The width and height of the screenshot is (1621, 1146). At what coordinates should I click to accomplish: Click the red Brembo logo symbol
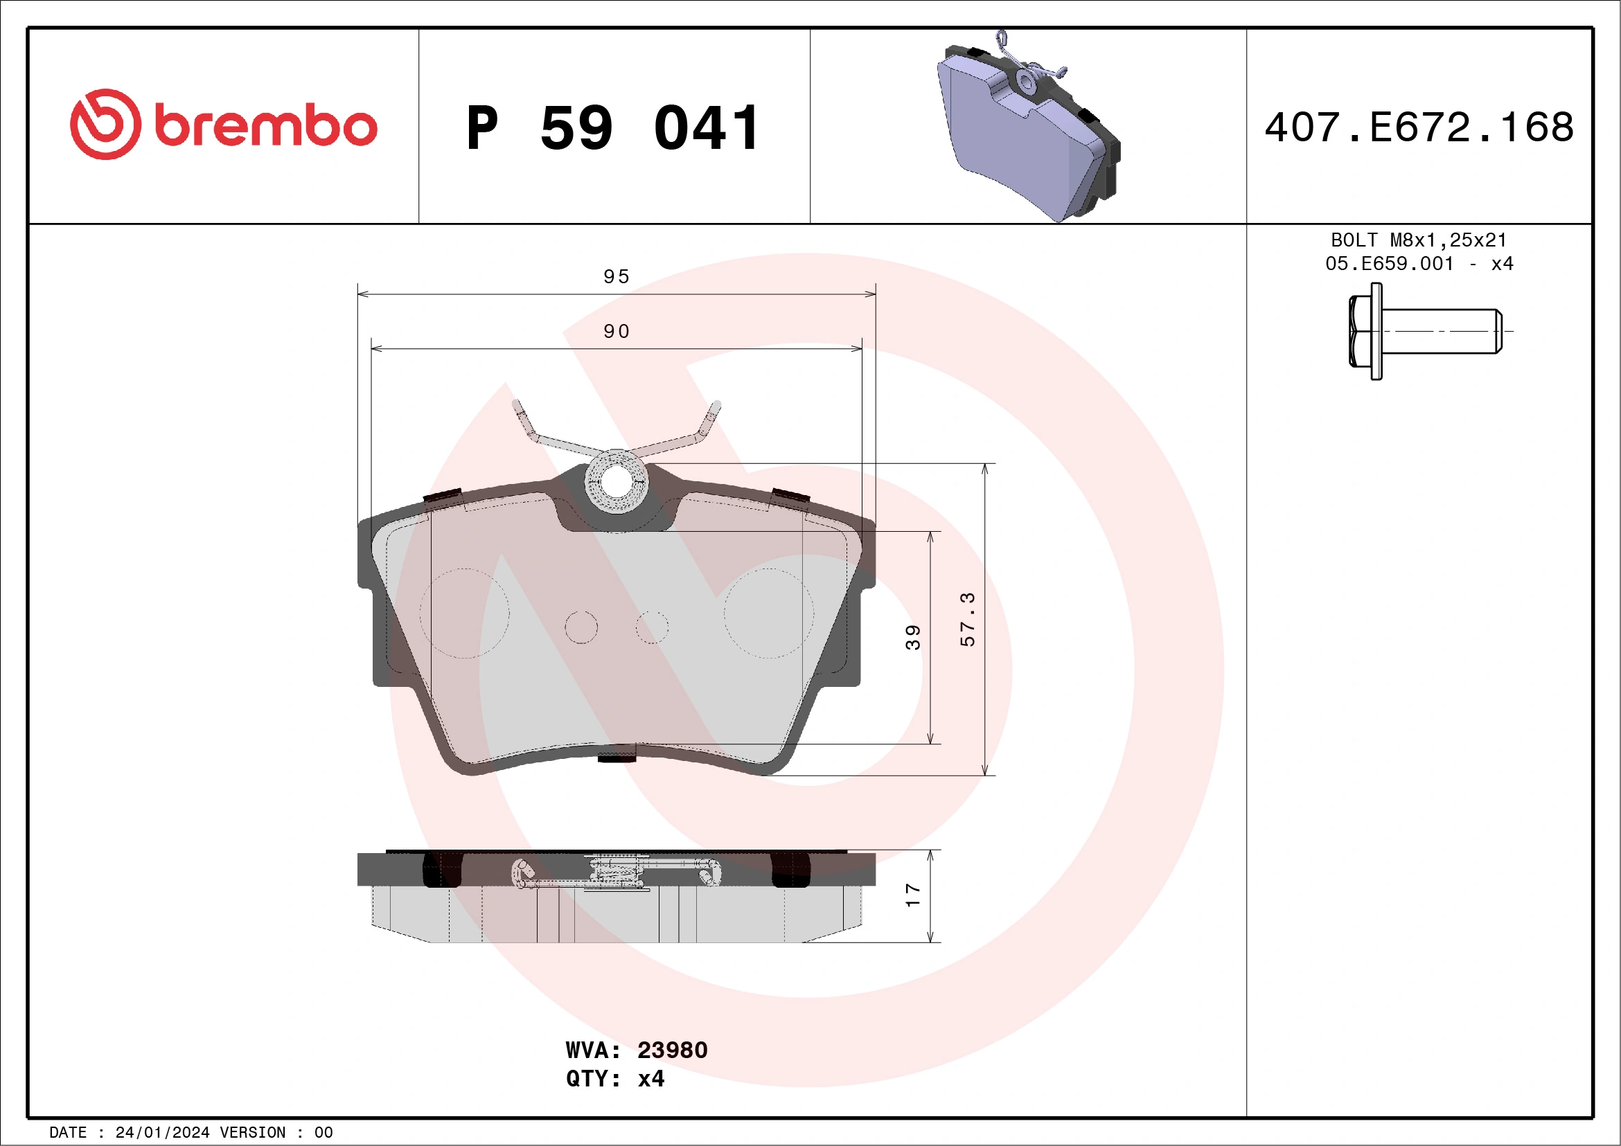(x=105, y=124)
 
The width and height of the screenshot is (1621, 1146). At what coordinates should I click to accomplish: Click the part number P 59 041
(x=613, y=128)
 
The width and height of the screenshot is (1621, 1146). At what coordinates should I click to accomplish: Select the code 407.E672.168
(x=1419, y=127)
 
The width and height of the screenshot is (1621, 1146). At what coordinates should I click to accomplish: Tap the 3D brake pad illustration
(x=1027, y=131)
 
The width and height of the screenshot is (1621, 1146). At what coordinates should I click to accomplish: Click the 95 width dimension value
(x=617, y=276)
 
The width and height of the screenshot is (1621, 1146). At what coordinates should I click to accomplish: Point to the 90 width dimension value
(x=617, y=332)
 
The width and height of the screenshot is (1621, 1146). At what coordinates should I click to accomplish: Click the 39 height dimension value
(x=913, y=637)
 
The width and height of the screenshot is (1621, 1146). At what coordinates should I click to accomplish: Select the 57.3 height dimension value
(x=967, y=620)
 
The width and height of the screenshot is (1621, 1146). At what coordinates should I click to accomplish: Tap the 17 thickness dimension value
(x=913, y=895)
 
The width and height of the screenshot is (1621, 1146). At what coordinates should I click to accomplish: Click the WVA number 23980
(x=672, y=1050)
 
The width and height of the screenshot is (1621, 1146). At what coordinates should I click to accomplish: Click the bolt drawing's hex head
(x=1361, y=331)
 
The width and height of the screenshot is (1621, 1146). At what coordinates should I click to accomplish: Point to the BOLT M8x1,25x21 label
(x=1419, y=240)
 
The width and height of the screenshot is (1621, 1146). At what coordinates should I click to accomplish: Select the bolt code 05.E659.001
(x=1390, y=264)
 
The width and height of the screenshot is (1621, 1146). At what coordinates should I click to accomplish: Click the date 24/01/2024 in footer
(x=162, y=1133)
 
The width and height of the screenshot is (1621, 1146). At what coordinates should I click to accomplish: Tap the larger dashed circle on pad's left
(x=465, y=614)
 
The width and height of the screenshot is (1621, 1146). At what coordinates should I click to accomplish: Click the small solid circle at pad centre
(x=581, y=627)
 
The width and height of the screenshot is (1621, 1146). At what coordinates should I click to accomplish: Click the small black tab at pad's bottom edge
(x=617, y=757)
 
